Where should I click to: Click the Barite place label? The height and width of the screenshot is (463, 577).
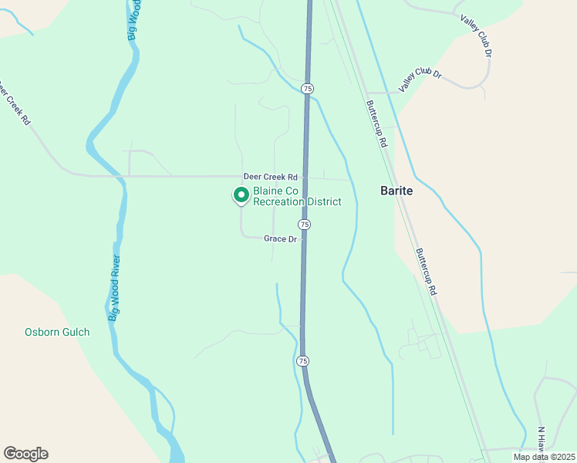[x=396, y=191]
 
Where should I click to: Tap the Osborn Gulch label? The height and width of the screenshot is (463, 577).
[x=57, y=333]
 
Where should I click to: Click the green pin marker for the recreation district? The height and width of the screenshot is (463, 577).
[x=241, y=196]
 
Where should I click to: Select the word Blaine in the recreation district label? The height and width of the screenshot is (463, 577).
[x=271, y=191]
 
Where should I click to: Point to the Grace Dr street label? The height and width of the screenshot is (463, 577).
[x=280, y=239]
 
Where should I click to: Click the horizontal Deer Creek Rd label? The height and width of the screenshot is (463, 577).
[x=270, y=177]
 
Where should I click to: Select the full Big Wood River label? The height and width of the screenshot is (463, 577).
[x=114, y=288]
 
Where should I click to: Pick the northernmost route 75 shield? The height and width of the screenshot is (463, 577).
[x=308, y=89]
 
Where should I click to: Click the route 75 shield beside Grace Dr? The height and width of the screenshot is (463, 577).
[x=305, y=224]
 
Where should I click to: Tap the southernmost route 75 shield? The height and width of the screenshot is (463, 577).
[x=302, y=361]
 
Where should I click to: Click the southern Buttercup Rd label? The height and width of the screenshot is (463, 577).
[x=426, y=272]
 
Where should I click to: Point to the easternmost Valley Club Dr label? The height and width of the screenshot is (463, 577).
[x=476, y=35]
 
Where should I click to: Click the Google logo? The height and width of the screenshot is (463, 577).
[x=25, y=454]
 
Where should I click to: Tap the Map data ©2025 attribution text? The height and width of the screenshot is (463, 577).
[x=544, y=457]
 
